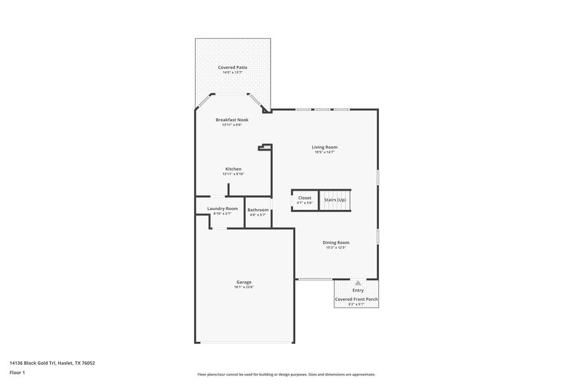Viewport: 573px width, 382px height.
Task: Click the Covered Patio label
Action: coord(233,67)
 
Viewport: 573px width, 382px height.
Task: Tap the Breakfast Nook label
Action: coord(233,120)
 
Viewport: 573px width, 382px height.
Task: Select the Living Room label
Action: coord(324,147)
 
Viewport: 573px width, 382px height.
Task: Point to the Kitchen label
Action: coord(233,169)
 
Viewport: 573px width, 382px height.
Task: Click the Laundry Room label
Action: coord(222,209)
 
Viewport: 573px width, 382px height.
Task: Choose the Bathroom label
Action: coord(258,210)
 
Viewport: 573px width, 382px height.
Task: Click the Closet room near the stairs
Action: coord(304,200)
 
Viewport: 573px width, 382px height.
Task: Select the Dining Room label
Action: coord(335,242)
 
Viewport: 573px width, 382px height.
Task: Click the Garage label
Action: coord(244,282)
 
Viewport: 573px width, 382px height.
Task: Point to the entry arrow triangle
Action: coord(357,283)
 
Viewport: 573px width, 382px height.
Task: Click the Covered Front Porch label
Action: coord(357,298)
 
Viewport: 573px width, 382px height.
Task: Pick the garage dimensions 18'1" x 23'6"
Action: coord(244,287)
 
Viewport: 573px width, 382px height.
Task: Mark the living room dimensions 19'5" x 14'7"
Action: coord(324,152)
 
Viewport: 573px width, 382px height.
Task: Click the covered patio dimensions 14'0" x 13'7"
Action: coord(233,72)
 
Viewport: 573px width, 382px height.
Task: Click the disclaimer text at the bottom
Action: coord(286,374)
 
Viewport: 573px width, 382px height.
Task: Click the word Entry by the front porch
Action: coord(357,290)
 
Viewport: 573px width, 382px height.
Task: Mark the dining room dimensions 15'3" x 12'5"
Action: coord(335,247)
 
